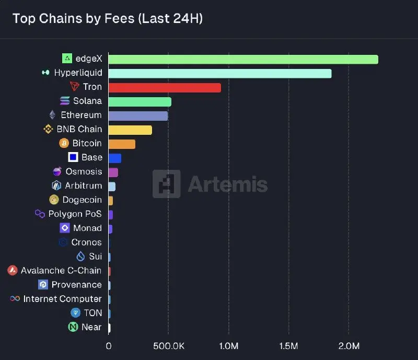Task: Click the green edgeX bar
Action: click(243, 59)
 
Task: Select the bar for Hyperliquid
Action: click(219, 73)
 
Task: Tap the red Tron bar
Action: click(165, 87)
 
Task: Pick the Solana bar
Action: click(140, 101)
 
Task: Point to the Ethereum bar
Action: click(138, 115)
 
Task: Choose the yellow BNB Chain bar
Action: click(130, 130)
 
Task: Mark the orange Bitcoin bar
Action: click(122, 144)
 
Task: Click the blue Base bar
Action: click(114, 158)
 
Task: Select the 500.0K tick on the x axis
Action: click(168, 346)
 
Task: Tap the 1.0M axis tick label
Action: click(228, 346)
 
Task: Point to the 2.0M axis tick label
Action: click(349, 346)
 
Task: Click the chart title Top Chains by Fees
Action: click(108, 19)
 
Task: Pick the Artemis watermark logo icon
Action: click(166, 184)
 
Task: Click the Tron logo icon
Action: click(74, 87)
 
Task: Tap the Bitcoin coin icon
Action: click(64, 143)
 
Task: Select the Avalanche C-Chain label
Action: click(61, 271)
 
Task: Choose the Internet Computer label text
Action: click(62, 299)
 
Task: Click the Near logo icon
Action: click(73, 327)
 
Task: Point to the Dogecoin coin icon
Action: click(54, 200)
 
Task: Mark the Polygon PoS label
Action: click(75, 214)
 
